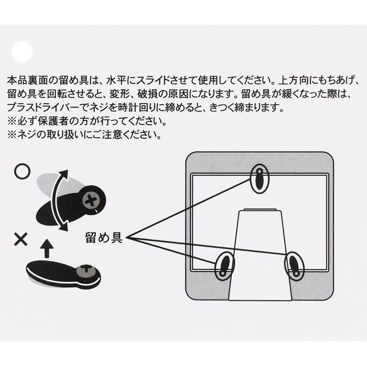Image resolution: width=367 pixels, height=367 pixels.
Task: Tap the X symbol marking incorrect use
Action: click(x=21, y=239)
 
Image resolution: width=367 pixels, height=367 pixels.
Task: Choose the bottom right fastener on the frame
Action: click(x=294, y=265)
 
